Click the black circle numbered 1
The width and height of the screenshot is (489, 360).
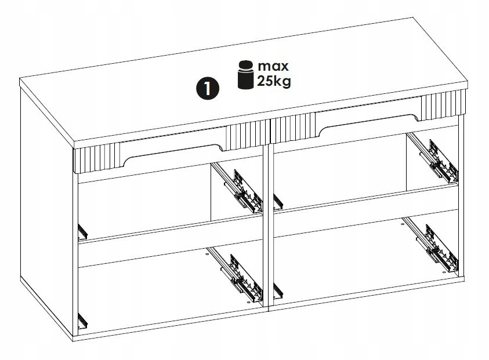pos(208,89)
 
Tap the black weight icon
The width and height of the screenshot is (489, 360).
pos(246,75)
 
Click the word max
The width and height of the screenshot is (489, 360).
pos(273,67)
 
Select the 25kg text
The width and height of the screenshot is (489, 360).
pos(274,81)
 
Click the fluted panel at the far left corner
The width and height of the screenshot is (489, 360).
pos(97,158)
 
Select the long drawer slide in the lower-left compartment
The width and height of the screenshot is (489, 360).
pos(234,274)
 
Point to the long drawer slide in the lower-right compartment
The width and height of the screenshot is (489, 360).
pos(430,243)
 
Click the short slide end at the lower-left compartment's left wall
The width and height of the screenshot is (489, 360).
pos(82,321)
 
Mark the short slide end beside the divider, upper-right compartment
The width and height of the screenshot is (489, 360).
pos(278,201)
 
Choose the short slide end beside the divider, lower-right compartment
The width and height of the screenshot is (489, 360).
pos(278,291)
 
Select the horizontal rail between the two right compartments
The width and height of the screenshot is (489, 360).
pos(366,210)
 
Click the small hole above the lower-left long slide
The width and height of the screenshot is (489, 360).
pos(207,254)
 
